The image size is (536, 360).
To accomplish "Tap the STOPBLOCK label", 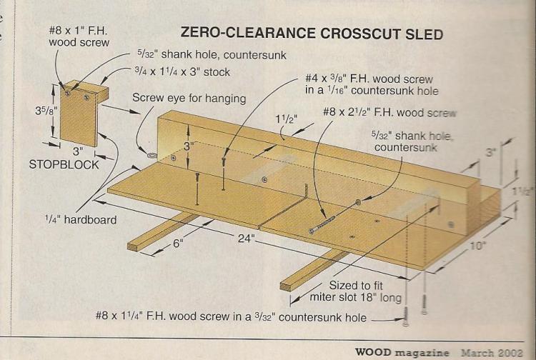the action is [64, 164].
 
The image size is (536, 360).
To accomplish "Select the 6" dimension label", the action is [178, 244].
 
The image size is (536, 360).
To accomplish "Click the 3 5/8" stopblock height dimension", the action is [46, 111].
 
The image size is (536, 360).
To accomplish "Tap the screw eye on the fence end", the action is [151, 156].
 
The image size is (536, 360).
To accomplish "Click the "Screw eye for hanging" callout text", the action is [189, 99].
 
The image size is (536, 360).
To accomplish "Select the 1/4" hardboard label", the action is [81, 219].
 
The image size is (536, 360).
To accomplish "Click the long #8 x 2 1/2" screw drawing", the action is [322, 225].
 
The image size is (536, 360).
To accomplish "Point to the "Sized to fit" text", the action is [356, 285].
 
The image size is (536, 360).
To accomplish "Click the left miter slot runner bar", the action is [162, 232].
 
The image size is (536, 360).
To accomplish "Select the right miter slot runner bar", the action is [314, 271].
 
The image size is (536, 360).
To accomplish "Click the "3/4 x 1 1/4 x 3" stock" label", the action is [182, 71].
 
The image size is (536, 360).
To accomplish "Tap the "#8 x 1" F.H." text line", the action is [78, 31].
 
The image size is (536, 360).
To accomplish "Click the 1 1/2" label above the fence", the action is [287, 119].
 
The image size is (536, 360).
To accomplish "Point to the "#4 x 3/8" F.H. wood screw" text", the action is [369, 79].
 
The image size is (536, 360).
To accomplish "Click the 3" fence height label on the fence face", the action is [189, 146].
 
